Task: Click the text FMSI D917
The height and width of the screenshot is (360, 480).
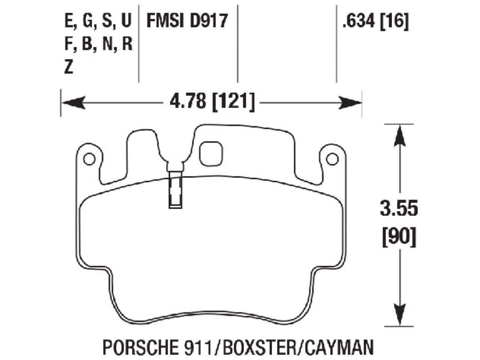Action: [187, 21]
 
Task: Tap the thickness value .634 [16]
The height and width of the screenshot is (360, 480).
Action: [375, 21]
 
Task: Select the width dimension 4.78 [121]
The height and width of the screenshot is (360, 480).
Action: [212, 102]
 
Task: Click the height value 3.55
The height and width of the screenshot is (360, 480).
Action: [399, 209]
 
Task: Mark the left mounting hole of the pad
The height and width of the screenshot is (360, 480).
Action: [89, 159]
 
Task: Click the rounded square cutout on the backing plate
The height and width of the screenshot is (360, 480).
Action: [211, 153]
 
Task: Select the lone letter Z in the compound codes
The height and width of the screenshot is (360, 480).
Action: [68, 67]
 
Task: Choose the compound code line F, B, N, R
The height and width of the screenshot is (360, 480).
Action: [98, 44]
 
